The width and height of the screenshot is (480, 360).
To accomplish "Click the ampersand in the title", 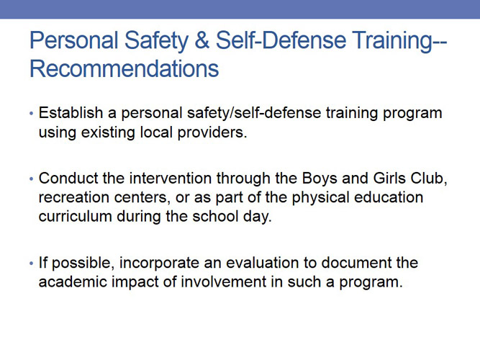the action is click(x=201, y=40).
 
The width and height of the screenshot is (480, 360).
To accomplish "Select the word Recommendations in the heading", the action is click(x=124, y=68).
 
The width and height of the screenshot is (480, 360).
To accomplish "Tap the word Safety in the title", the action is click(x=156, y=42).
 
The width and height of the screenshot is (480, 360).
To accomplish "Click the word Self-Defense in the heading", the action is click(x=281, y=40).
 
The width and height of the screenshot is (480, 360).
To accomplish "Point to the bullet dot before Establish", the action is click(x=31, y=114).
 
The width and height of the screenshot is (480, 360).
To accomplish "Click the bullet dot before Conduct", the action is click(x=31, y=179).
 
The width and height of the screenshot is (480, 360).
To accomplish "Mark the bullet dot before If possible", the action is click(x=31, y=264).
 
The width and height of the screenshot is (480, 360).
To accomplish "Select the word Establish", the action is click(x=71, y=113).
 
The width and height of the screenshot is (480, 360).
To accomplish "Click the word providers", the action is click(x=212, y=133).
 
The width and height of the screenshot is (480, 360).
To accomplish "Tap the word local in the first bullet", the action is click(x=155, y=132).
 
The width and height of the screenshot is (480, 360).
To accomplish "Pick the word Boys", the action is click(x=320, y=179).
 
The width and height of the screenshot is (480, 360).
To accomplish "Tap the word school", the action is click(x=215, y=216).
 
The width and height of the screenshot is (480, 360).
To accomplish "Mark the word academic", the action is click(x=73, y=282).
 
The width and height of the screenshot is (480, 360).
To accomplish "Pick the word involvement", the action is click(x=224, y=282).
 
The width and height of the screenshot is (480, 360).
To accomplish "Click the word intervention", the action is click(x=171, y=179).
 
